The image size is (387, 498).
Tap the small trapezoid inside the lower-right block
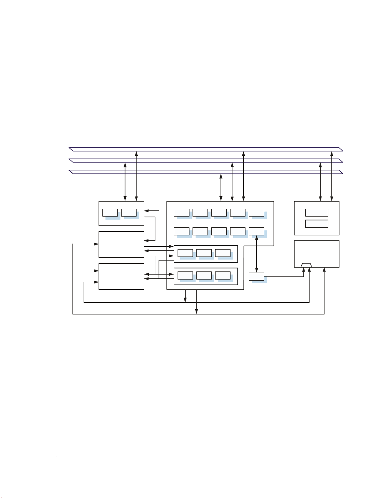point(306,265)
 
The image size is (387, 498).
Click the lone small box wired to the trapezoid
point(257,276)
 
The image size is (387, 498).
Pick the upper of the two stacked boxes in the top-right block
point(316,212)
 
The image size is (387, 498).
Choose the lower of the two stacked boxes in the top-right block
point(316,224)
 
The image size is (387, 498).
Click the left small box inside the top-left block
point(110,213)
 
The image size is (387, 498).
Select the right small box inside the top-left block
point(129,213)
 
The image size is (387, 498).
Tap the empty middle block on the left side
point(121,244)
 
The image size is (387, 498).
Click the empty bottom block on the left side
point(121,276)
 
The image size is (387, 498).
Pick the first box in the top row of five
point(181,213)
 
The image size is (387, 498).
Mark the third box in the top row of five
point(219,213)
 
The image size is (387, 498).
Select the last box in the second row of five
point(257,231)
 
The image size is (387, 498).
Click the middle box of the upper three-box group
point(204,253)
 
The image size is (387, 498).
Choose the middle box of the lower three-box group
point(204,275)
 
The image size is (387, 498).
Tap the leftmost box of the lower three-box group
point(185,275)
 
